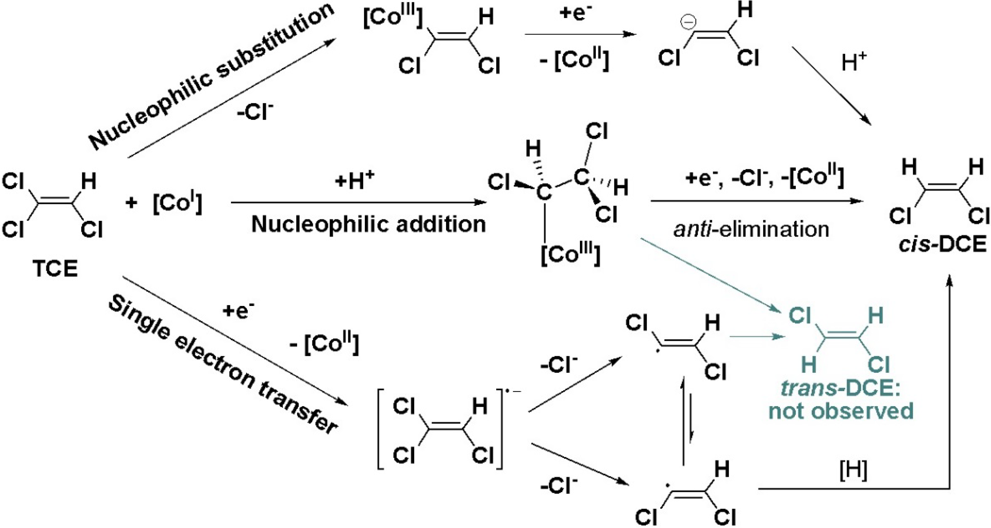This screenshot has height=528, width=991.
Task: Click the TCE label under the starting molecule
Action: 55,268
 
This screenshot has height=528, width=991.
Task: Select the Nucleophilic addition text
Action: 368,224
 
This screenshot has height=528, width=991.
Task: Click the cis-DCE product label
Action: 942,244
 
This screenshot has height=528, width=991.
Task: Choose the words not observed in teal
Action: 841,411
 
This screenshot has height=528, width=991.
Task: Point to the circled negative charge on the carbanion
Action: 688,22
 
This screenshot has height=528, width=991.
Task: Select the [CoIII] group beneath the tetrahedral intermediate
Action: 570,254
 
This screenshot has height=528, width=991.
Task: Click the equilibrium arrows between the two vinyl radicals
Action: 687,421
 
